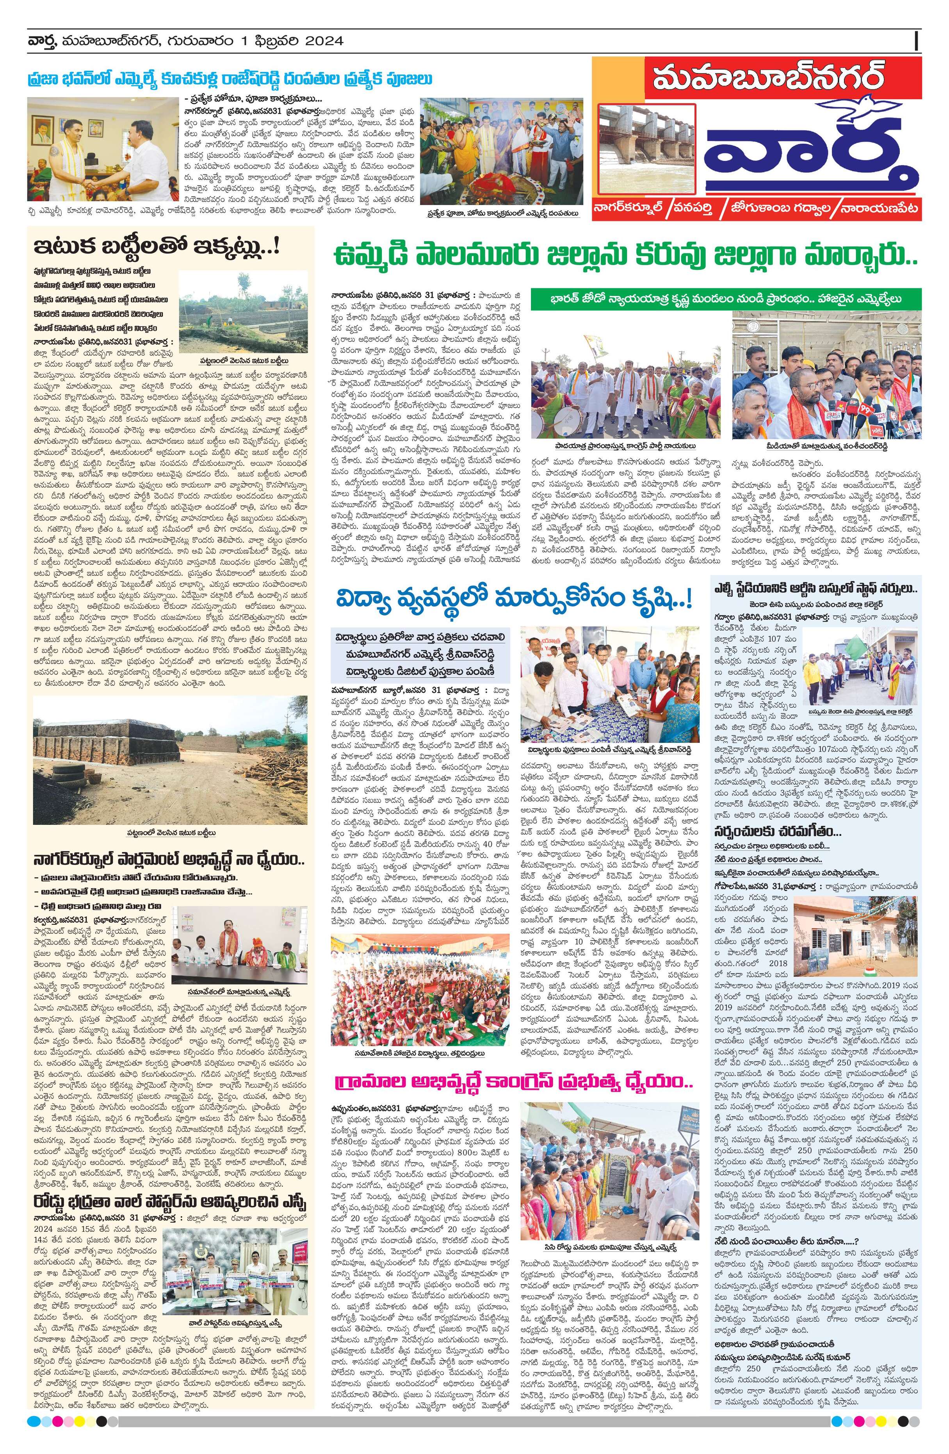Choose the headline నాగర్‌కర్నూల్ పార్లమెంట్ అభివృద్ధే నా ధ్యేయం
[x=165, y=860]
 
